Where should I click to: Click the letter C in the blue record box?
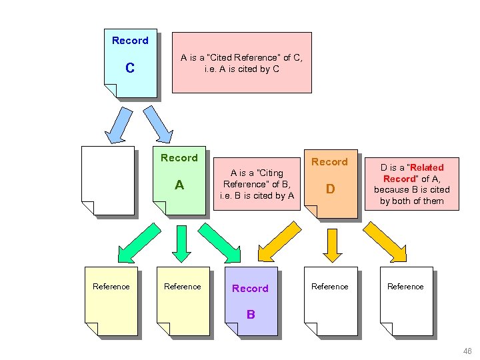[x=130, y=68]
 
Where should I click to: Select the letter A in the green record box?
[x=179, y=185]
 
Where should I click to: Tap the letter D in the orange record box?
[x=329, y=189]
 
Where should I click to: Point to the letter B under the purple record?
[x=251, y=314]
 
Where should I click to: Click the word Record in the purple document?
[x=250, y=289]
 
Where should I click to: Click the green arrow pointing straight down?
[x=181, y=243]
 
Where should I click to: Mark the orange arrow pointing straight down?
[x=331, y=243]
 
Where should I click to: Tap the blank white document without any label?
[x=107, y=180]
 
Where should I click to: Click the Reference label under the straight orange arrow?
[x=329, y=287]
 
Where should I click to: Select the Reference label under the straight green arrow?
[x=182, y=287]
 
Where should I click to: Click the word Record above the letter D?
[x=329, y=162]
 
